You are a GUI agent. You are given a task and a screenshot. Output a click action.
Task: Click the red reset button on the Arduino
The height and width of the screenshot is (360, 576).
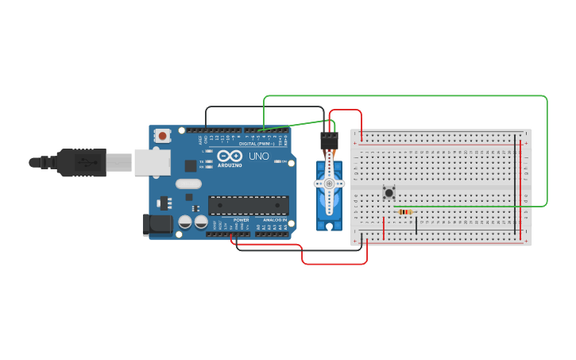coord(163,136)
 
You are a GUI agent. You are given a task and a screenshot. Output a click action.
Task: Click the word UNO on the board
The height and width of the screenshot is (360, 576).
coord(259,157)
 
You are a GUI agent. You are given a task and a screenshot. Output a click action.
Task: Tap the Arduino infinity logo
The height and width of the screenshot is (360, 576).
coord(230,157)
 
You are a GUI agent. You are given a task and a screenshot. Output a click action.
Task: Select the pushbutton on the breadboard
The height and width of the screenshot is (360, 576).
coord(389,192)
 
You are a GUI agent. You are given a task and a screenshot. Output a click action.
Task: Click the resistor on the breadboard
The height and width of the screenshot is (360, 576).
coord(406,212)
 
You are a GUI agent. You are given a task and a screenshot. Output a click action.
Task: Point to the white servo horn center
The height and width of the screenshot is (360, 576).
coord(329,184)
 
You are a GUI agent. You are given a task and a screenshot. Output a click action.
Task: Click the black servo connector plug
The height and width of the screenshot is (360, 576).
coord(329,141)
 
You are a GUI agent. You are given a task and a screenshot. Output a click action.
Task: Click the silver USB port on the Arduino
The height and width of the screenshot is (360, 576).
coord(151,161)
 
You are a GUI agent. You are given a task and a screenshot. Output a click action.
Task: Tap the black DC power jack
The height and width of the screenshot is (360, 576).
coord(157,225)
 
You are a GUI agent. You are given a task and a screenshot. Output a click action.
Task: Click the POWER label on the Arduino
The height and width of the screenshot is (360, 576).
coord(242,219)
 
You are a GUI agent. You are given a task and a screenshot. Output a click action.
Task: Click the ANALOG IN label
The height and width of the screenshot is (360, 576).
coord(275,219)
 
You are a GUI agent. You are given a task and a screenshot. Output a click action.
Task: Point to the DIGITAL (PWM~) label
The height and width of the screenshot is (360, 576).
coord(258,143)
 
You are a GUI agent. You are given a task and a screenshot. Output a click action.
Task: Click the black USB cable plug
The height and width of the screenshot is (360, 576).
coord(79,162)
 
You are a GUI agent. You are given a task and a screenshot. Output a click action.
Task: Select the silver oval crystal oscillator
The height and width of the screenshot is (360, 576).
coord(189,184)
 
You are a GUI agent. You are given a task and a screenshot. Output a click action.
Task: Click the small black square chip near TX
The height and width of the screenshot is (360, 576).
coord(191,165)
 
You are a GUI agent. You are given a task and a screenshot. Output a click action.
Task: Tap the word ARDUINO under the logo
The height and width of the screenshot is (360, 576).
coord(230,165)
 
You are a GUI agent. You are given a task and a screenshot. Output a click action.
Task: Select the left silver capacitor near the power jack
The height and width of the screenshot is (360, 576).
coord(184,223)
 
